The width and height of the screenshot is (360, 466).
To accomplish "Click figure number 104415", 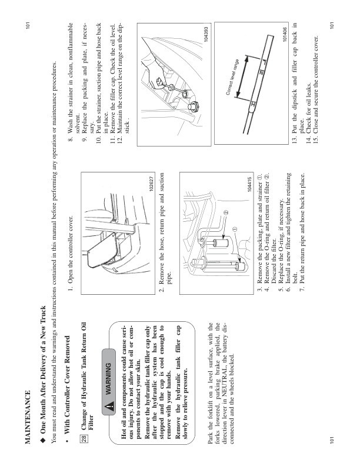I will pos(250,184).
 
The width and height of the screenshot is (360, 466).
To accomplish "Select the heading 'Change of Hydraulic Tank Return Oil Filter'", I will pos(87,391).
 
